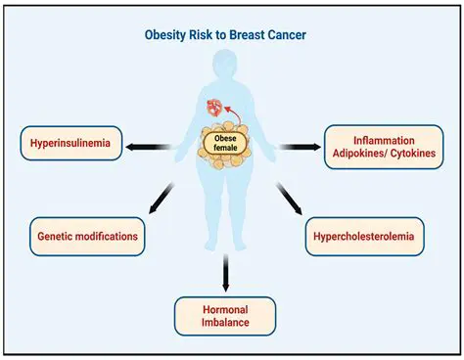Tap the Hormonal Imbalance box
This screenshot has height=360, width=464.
click(x=226, y=314)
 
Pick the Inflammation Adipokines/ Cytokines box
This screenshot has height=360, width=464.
click(x=382, y=146)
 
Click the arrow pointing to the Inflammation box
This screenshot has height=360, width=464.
click(x=298, y=147)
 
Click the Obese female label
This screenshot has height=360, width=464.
click(x=225, y=145)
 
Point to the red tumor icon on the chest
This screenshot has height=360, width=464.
click(x=212, y=107)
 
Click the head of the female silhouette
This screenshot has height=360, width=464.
click(x=226, y=68)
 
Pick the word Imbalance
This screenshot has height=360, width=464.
click(x=226, y=322)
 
